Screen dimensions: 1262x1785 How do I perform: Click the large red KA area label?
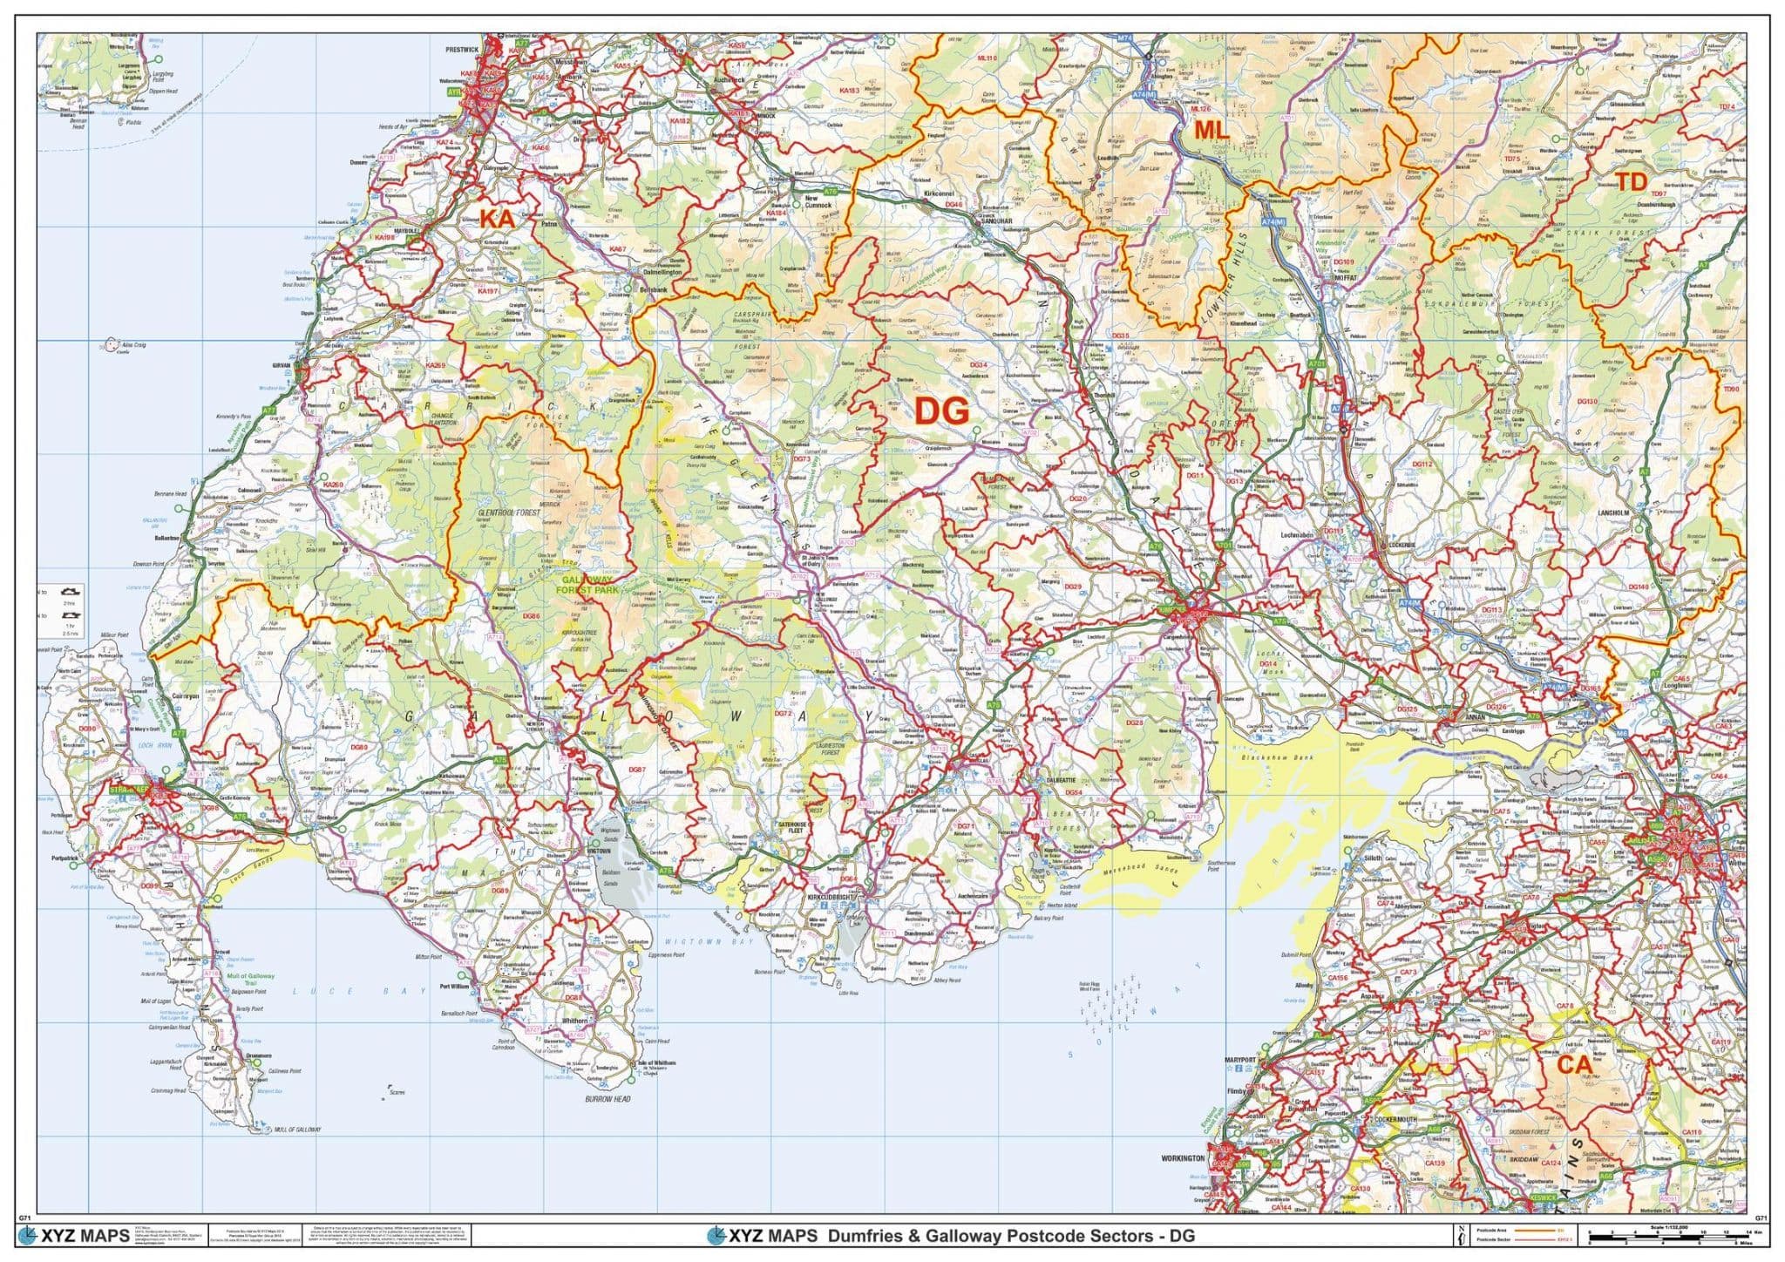(498, 219)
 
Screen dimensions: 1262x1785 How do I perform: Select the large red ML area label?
(1211, 131)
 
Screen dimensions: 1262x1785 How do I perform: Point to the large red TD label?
(1631, 182)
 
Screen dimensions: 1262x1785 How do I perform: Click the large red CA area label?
(1574, 1064)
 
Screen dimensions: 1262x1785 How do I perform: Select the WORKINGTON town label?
(1182, 1158)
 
